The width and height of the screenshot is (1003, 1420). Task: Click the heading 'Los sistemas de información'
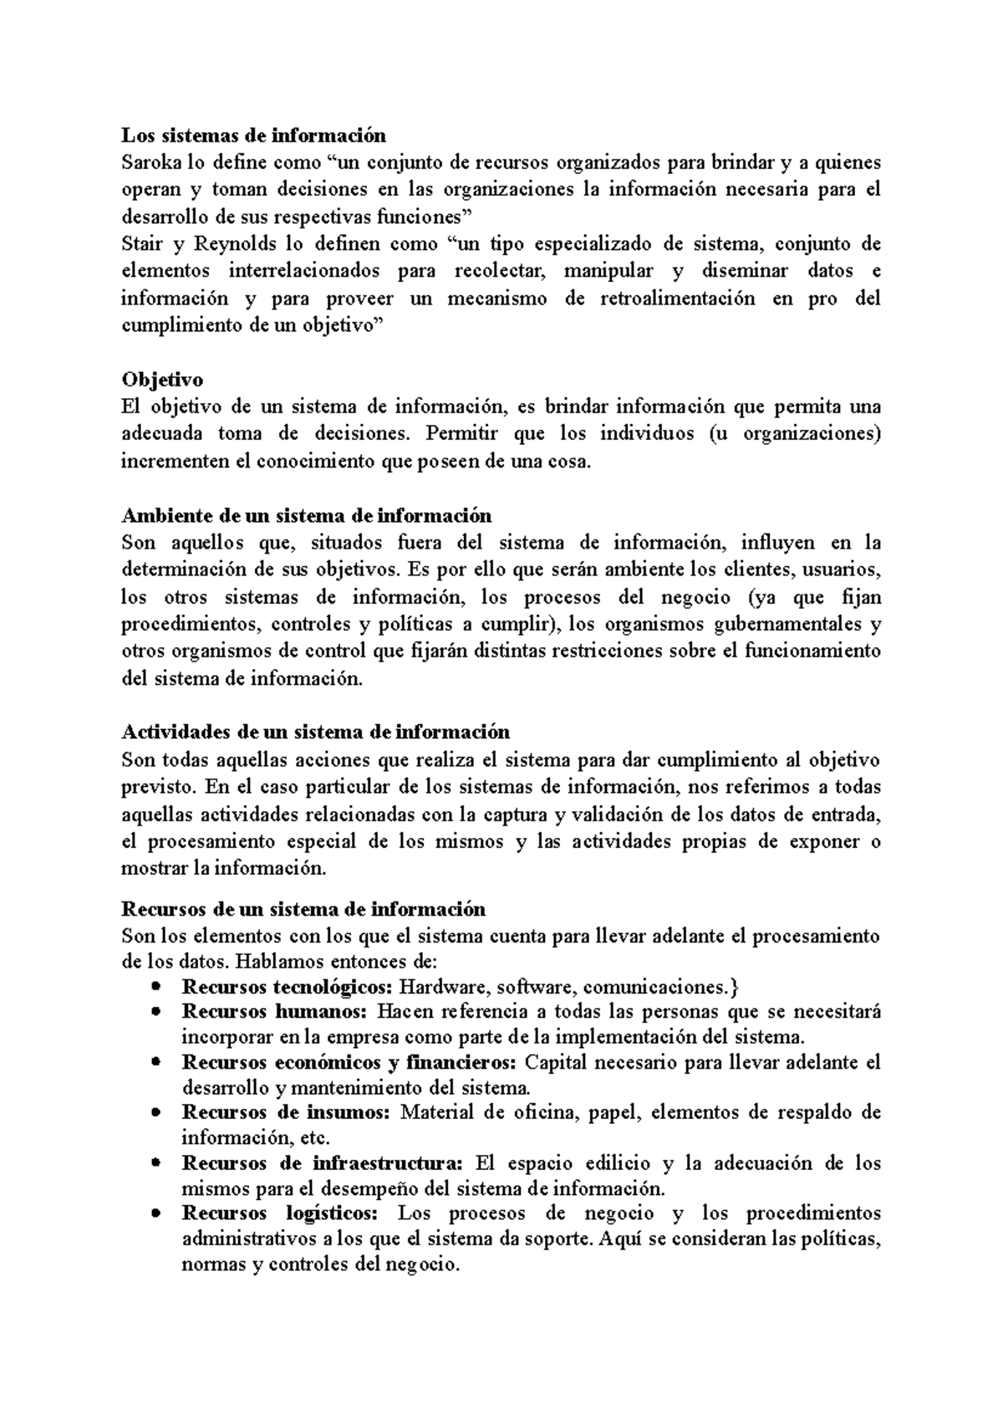(x=254, y=135)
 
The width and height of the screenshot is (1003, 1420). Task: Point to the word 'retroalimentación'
(x=677, y=299)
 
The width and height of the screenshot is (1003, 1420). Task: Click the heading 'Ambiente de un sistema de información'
(x=306, y=515)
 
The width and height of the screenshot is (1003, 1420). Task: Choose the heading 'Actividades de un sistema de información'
(x=315, y=732)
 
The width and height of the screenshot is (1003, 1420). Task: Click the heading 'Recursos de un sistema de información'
(x=303, y=908)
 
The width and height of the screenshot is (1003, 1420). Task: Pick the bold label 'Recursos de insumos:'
(x=286, y=1112)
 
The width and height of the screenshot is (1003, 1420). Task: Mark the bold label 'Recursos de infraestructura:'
(x=322, y=1163)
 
